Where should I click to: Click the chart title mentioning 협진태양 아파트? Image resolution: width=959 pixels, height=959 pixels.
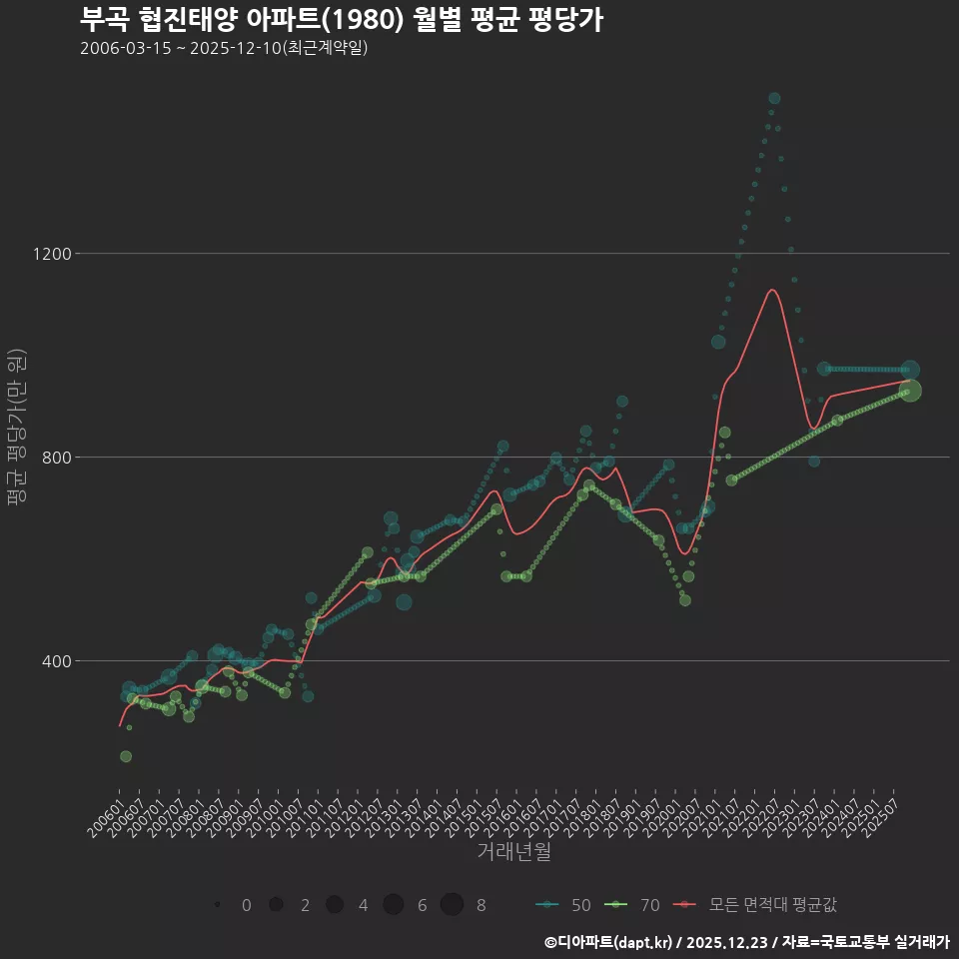(x=341, y=20)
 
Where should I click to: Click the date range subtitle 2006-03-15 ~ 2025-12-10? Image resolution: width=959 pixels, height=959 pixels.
(x=224, y=48)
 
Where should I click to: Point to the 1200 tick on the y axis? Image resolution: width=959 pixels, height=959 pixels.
(x=51, y=254)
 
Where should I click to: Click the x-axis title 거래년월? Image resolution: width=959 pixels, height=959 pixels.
(x=513, y=852)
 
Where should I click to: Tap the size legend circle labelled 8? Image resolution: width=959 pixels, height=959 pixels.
(x=452, y=904)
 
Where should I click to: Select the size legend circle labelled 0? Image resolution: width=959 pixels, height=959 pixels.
(x=217, y=905)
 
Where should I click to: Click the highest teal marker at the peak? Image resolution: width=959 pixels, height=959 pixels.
(x=774, y=98)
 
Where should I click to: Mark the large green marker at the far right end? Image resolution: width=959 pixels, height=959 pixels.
(x=910, y=391)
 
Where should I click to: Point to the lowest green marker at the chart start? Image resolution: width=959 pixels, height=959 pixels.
(x=126, y=756)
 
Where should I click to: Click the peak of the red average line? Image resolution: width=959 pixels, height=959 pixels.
(x=771, y=291)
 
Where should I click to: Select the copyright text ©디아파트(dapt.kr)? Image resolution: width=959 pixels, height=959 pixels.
(x=607, y=941)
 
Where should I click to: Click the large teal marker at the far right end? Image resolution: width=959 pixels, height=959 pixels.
(x=910, y=370)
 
